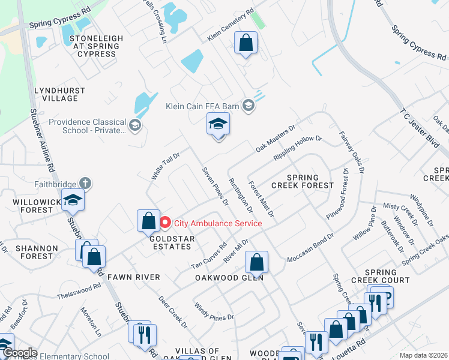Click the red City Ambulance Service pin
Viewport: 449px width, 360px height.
pyautogui.click(x=166, y=223)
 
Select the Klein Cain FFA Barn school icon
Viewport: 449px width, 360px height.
pyautogui.click(x=249, y=106)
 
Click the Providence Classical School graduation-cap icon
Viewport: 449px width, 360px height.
pyautogui.click(x=135, y=125)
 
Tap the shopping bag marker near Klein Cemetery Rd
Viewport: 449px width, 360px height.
pyautogui.click(x=246, y=43)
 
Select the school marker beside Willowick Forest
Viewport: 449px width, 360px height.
pyautogui.click(x=73, y=200)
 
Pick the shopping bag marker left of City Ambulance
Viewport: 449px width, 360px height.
pyautogui.click(x=148, y=221)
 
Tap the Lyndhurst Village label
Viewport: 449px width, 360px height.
pyautogui.click(x=59, y=94)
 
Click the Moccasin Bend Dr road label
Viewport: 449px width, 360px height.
pyautogui.click(x=310, y=248)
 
